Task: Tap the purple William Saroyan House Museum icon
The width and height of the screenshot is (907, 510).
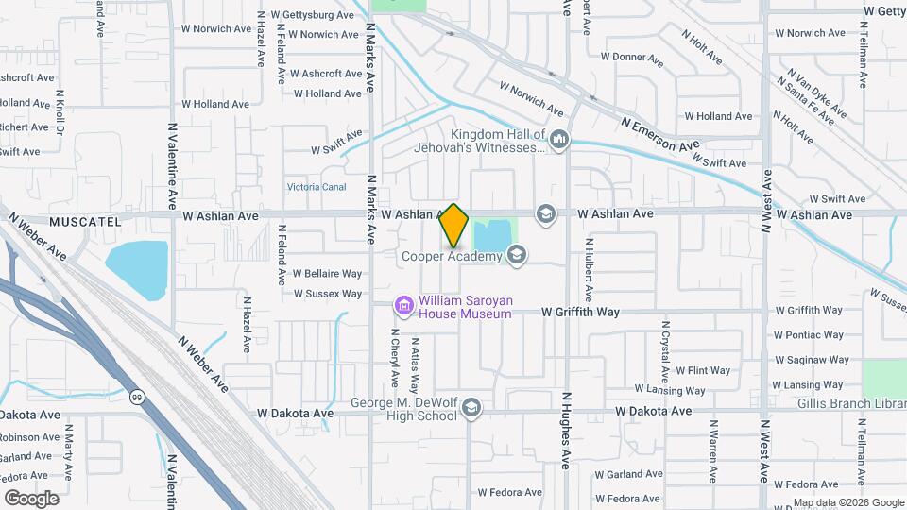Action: tap(405, 306)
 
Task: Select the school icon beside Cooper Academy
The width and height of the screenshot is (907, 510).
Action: tap(516, 254)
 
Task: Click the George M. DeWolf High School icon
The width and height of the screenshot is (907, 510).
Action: tap(471, 408)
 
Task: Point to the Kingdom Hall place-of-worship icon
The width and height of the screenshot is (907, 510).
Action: tap(559, 141)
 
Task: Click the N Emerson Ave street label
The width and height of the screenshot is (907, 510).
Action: tap(660, 134)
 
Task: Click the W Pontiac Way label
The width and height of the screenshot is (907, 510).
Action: tap(808, 334)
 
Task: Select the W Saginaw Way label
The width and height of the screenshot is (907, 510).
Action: tap(808, 360)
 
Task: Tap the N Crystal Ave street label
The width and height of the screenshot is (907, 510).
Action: tap(665, 346)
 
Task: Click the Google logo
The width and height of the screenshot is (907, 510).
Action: tap(31, 498)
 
